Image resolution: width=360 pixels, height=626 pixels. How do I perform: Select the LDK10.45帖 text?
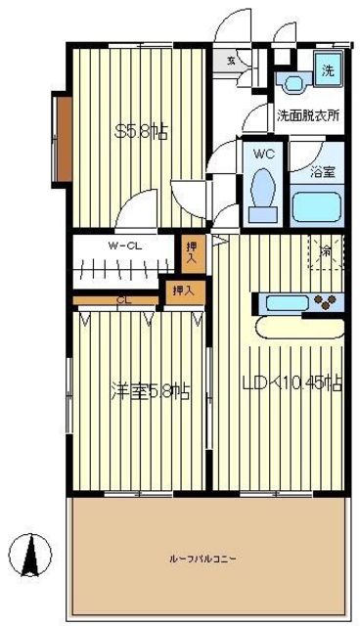pos(292,382)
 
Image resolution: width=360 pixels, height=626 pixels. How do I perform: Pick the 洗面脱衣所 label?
pos(307,114)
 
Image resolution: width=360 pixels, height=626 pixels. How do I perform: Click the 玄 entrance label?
pos(232,61)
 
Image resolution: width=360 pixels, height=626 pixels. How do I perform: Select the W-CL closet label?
pos(126,246)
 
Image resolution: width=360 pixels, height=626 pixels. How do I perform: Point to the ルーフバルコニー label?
pos(206,559)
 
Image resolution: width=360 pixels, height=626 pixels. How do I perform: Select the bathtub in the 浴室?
pos(316,205)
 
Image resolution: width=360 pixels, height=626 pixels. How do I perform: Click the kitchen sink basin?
pos(284,301)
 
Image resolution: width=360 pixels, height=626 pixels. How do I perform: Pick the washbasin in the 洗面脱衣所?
pos(291,83)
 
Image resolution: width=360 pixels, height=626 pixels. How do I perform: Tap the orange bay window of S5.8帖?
pos(61,137)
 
